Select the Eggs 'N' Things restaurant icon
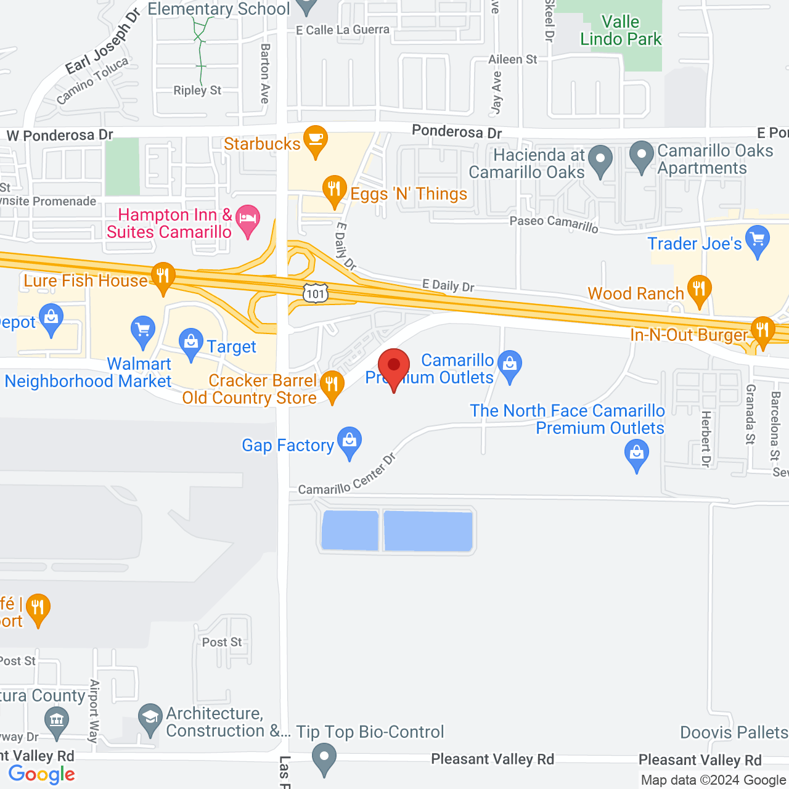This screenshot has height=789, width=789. point(334,189)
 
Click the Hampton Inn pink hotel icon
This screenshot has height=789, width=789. point(248,219)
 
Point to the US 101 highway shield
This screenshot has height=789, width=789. point(315,293)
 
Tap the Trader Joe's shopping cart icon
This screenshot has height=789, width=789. point(758,239)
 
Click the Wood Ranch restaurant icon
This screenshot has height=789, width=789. point(699,288)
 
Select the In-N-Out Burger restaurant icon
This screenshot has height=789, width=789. point(762,330)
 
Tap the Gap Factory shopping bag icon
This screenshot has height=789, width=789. point(350,441)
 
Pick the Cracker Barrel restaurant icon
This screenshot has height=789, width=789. point(332,385)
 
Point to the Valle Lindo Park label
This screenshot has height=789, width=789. point(621,31)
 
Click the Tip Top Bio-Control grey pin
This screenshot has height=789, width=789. point(324,757)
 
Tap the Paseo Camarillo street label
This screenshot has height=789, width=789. point(554,224)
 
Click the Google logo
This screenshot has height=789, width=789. point(42,774)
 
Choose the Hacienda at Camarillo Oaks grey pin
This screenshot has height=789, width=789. point(600,159)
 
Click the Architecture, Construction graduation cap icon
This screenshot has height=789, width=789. point(150,717)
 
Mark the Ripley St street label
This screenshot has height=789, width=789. point(197,91)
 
